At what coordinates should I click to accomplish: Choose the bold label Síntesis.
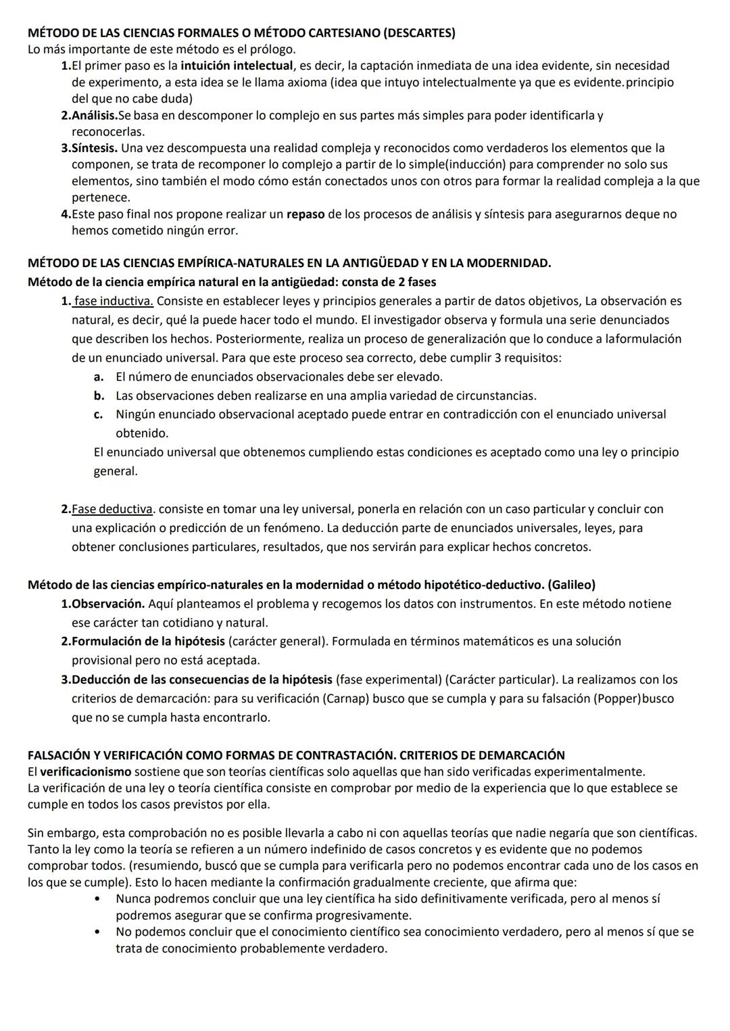point(95,148)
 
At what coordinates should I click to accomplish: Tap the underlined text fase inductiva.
point(114,301)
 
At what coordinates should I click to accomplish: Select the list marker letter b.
point(99,395)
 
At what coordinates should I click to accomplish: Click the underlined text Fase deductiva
point(112,509)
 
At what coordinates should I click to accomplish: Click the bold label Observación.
point(108,604)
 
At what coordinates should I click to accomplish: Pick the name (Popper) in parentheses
point(616,698)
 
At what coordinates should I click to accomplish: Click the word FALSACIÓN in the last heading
point(63,755)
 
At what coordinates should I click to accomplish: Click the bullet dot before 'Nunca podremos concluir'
point(99,899)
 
